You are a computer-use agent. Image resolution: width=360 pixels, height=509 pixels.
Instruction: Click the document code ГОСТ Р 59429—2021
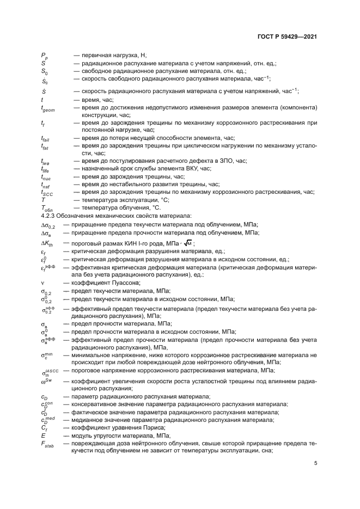pyautogui.click(x=288, y=37)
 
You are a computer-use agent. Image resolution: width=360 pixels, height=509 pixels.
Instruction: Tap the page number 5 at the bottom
pyautogui.click(x=315, y=463)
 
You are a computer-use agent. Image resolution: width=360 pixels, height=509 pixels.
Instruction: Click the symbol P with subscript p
pyautogui.click(x=44, y=56)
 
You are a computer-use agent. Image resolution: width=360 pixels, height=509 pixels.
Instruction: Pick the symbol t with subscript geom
pyautogui.click(x=47, y=109)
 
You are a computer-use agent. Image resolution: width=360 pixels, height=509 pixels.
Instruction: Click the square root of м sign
pyautogui.click(x=188, y=243)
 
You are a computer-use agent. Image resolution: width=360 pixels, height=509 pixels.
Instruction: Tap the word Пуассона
pyautogui.click(x=126, y=283)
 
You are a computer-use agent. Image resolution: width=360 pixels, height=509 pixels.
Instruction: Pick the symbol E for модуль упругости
pyautogui.click(x=42, y=436)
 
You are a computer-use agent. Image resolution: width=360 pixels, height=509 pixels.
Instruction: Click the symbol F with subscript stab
pyautogui.click(x=47, y=444)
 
